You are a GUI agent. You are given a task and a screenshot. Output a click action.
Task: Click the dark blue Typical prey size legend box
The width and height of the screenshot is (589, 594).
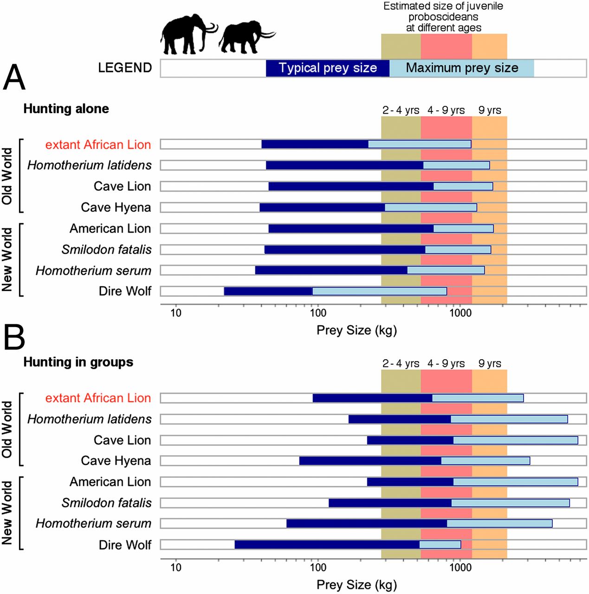pyautogui.click(x=327, y=68)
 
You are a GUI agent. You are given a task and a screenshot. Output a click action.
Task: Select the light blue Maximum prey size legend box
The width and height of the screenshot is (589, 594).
pyautogui.click(x=461, y=68)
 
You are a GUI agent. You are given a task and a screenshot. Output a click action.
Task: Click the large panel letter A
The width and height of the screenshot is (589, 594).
pyautogui.click(x=14, y=77)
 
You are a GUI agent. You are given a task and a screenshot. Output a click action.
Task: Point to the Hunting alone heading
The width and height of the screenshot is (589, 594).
pyautogui.click(x=66, y=109)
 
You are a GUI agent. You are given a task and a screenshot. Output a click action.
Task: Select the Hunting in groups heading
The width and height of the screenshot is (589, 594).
pyautogui.click(x=78, y=362)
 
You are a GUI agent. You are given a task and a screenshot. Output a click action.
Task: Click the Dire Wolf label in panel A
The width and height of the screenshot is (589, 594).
pyautogui.click(x=125, y=291)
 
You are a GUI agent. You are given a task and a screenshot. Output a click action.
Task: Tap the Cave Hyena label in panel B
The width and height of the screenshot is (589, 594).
pyautogui.click(x=116, y=460)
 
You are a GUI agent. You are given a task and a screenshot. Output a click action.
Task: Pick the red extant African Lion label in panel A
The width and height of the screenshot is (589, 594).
pyautogui.click(x=98, y=145)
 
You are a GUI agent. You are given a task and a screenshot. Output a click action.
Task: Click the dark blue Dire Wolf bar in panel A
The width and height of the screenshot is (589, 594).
pyautogui.click(x=268, y=291)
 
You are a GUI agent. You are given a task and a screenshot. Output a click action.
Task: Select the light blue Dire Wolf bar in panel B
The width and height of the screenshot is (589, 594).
pyautogui.click(x=440, y=544)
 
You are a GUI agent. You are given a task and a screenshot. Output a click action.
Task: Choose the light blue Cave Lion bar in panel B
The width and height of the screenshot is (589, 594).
pyautogui.click(x=515, y=440)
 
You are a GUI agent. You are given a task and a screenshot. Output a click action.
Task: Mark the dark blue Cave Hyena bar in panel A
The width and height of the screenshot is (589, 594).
pyautogui.click(x=322, y=207)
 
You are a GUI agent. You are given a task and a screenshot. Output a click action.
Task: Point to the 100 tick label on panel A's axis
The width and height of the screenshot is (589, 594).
pyautogui.click(x=318, y=313)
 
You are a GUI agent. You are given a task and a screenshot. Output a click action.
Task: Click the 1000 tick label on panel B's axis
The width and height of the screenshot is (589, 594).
pyautogui.click(x=460, y=567)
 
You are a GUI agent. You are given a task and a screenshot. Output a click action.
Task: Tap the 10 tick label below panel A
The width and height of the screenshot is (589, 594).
pyautogui.click(x=175, y=313)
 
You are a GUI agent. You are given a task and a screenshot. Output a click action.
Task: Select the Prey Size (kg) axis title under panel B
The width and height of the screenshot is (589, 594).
pyautogui.click(x=356, y=584)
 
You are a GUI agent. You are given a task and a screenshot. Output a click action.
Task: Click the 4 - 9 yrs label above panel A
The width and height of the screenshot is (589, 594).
pyautogui.click(x=446, y=110)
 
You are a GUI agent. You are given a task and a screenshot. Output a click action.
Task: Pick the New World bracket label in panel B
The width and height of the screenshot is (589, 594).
pyautogui.click(x=7, y=513)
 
